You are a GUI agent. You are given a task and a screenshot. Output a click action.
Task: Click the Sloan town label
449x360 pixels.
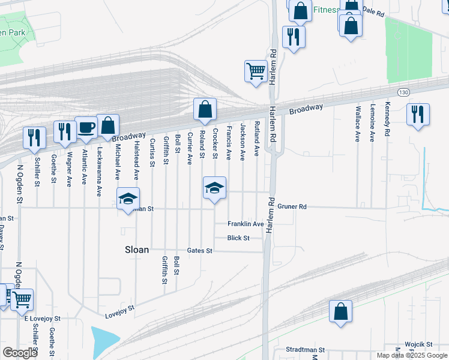[x=136, y=250]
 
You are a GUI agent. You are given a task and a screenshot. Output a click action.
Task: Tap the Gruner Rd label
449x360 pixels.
[x=292, y=206]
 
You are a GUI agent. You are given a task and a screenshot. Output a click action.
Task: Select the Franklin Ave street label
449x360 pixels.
[x=246, y=224]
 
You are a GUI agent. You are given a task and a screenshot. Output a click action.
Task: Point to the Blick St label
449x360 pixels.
[x=238, y=238]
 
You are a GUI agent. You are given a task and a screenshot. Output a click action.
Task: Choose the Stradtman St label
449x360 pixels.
[x=305, y=349]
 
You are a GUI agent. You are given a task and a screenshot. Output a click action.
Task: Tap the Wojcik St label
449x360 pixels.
[x=418, y=344]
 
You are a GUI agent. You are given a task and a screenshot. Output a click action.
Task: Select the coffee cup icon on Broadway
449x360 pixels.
[x=86, y=128]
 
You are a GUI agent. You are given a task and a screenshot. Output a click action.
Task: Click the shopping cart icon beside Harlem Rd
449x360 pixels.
[x=256, y=71]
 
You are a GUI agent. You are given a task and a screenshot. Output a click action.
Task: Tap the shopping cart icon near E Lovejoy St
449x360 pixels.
[x=22, y=299]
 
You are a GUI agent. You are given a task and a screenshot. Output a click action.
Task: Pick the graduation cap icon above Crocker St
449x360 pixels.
[x=214, y=188]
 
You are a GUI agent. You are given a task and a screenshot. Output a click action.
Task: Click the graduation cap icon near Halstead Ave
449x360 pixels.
[x=128, y=199]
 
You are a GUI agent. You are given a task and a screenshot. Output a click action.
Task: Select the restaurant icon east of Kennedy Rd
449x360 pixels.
[x=418, y=114]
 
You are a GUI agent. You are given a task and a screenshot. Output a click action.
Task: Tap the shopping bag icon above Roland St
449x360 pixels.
[x=205, y=110]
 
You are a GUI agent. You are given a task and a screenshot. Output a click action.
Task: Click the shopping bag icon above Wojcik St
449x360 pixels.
[x=340, y=311]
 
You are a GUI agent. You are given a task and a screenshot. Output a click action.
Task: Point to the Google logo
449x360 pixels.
[x=20, y=353]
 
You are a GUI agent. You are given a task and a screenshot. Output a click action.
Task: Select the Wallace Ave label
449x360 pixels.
[x=358, y=124]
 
